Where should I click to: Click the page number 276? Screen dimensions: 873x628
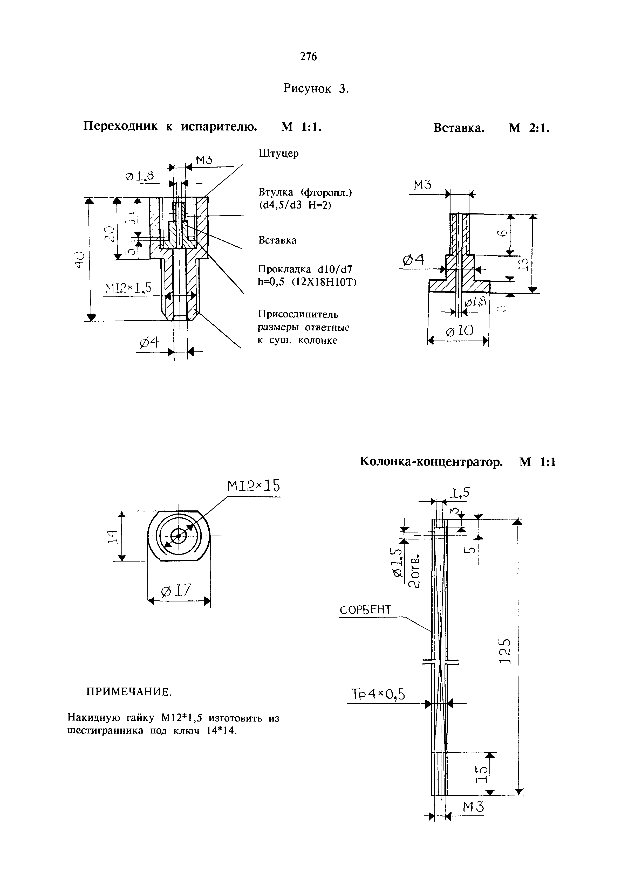pos(308,57)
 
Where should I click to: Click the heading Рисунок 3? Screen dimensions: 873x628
pos(316,88)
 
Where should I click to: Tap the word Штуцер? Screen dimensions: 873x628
pos(278,153)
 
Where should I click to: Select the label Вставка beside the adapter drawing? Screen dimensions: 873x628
pos(277,240)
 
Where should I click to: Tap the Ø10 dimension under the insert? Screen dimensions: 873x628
pos(459,331)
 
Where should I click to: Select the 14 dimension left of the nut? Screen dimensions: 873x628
pos(111,536)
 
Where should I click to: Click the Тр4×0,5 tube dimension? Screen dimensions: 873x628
pos(378,694)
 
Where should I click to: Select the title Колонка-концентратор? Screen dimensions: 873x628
pos(431,462)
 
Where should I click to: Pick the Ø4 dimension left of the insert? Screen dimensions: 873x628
pos(413,261)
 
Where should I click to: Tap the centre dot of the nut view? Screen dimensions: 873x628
pos(178,536)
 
